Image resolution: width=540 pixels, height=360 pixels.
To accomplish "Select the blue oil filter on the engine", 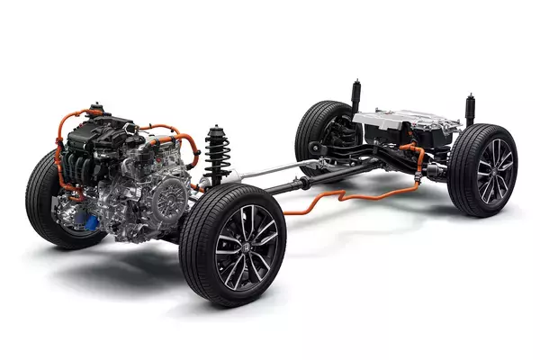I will click(x=91, y=217).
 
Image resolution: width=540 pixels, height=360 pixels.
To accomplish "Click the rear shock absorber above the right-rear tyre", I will click(x=469, y=108).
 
